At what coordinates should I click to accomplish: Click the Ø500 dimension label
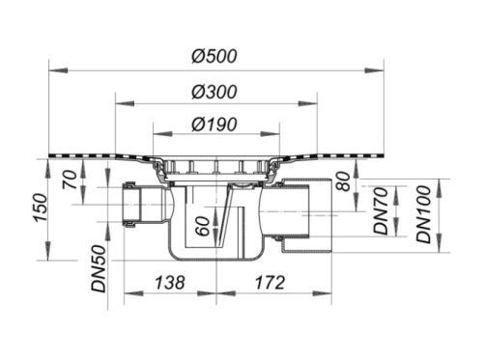pyautogui.click(x=214, y=56)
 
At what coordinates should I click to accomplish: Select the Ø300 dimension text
pyautogui.click(x=214, y=92)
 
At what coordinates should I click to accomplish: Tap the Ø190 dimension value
pyautogui.click(x=214, y=125)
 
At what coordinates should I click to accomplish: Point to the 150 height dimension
pyautogui.click(x=42, y=208)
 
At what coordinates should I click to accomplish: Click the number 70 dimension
pyautogui.click(x=71, y=180)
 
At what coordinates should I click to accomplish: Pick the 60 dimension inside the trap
pyautogui.click(x=203, y=226)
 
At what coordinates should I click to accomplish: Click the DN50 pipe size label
pyautogui.click(x=99, y=268)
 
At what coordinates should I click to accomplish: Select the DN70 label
pyautogui.click(x=382, y=210)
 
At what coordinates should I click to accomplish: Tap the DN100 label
pyautogui.click(x=424, y=214)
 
